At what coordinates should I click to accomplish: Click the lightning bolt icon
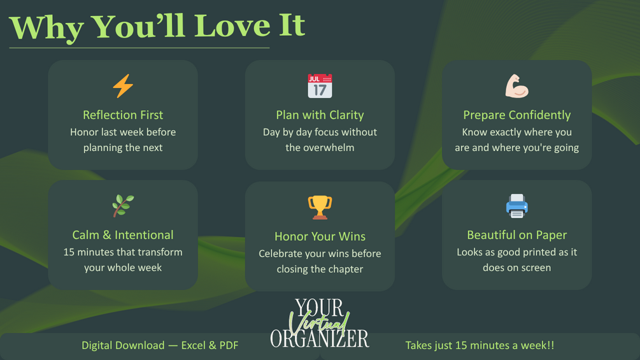[123, 86]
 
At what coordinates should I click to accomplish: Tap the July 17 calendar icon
[320, 86]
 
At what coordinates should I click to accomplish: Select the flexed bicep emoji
[516, 86]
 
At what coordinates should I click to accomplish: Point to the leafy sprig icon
[123, 206]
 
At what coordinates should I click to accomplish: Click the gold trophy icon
[320, 207]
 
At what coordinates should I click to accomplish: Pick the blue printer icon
[516, 206]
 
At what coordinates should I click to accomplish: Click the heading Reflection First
[123, 115]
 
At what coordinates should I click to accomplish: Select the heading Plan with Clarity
[320, 115]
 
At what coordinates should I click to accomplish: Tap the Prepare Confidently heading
[516, 115]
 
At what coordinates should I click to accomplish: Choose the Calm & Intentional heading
[123, 235]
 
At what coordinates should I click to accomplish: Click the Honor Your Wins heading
[320, 237]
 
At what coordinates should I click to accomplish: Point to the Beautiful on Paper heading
[516, 235]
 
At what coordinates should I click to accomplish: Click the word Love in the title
[232, 25]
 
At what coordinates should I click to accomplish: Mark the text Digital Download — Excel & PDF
[160, 345]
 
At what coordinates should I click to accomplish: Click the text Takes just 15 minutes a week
[477, 345]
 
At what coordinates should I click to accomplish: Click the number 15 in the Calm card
[69, 252]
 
